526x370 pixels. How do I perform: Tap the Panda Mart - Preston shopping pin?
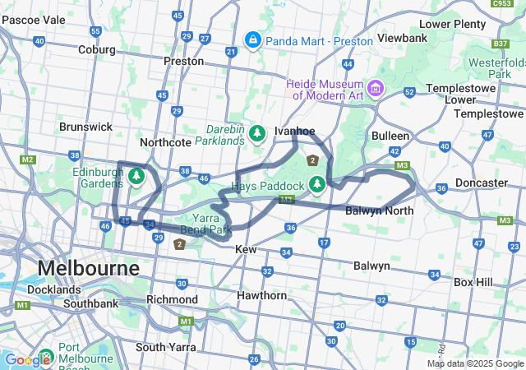pyautogui.click(x=252, y=39)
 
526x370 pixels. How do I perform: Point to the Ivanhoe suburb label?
pyautogui.click(x=295, y=131)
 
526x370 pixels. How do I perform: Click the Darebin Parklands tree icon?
pyautogui.click(x=257, y=132)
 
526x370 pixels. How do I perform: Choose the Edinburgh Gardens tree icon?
pyautogui.click(x=136, y=175)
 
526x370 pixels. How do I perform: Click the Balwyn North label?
pyautogui.click(x=380, y=210)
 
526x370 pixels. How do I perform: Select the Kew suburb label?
pyautogui.click(x=246, y=248)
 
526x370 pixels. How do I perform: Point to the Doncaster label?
pyautogui.click(x=481, y=183)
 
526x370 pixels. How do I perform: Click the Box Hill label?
pyautogui.click(x=473, y=282)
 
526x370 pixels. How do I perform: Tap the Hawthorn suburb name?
pyautogui.click(x=261, y=294)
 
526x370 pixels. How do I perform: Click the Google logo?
pyautogui.click(x=27, y=359)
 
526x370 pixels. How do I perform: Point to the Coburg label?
pyautogui.click(x=96, y=49)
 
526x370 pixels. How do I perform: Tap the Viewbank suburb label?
pyautogui.click(x=401, y=39)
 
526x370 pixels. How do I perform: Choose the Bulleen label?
pyautogui.click(x=390, y=135)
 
